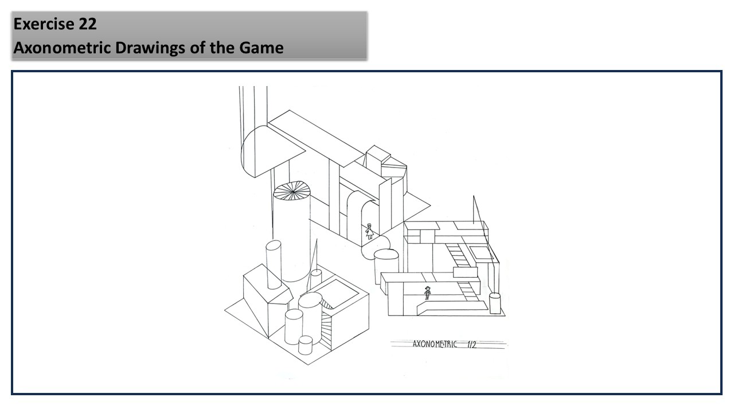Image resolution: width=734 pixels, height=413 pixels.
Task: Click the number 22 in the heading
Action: [88, 24]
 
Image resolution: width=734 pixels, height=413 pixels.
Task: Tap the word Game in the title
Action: [261, 48]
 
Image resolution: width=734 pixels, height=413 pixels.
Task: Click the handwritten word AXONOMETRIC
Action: [435, 344]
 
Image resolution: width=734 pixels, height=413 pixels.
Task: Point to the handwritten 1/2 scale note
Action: [471, 344]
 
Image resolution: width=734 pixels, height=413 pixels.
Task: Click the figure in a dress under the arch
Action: [370, 231]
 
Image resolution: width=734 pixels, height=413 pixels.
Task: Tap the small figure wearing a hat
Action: [427, 293]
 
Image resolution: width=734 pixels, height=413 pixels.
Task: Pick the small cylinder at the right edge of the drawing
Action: [495, 303]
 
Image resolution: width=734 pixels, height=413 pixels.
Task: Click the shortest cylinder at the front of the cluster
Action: [306, 345]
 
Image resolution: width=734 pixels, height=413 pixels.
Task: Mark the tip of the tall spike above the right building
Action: [473, 196]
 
